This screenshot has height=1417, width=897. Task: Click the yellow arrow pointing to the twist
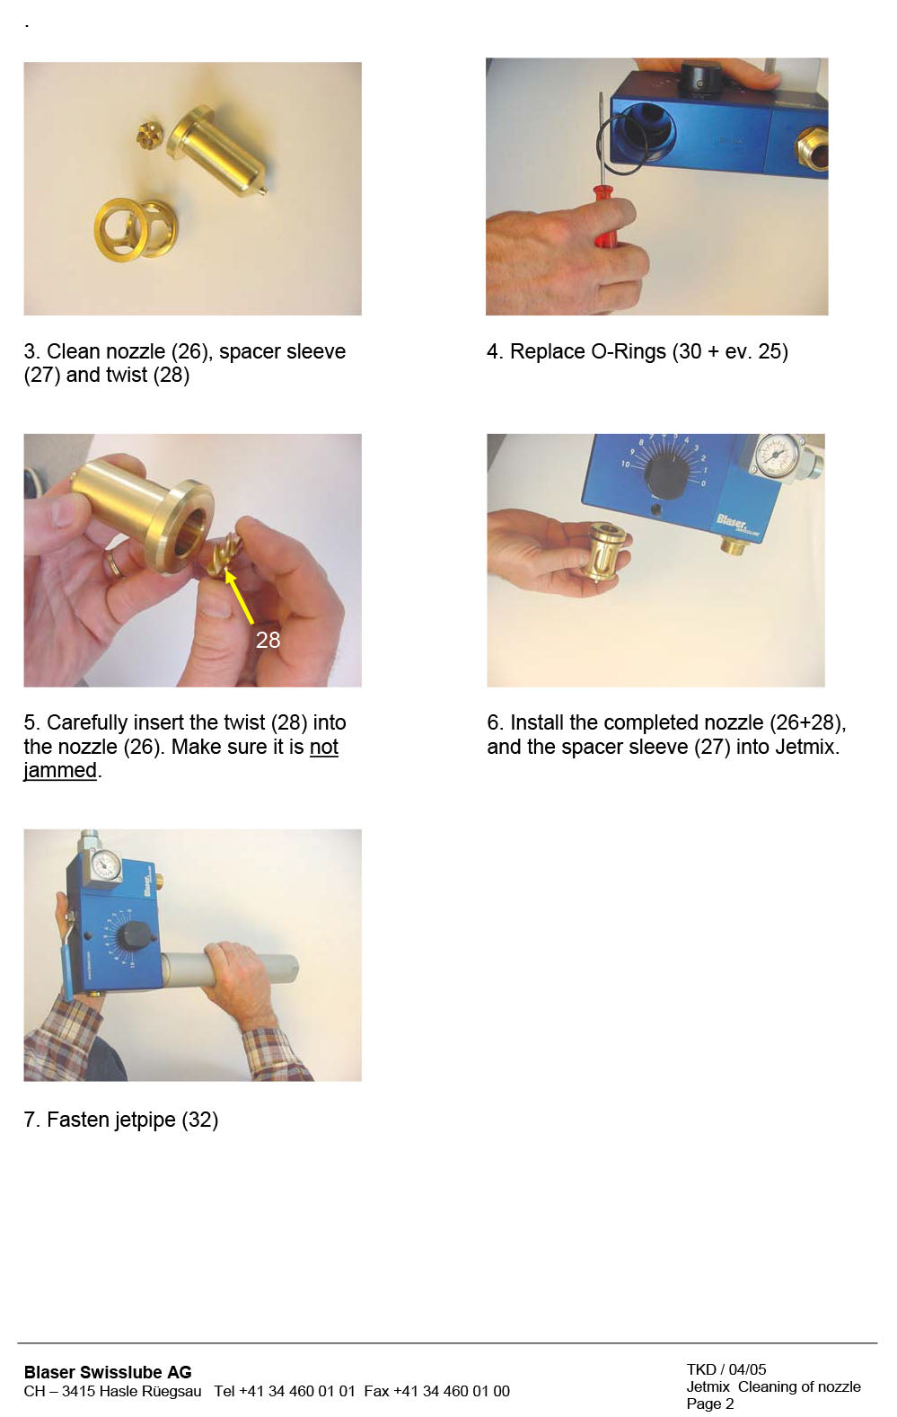(x=239, y=597)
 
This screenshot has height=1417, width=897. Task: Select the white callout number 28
(x=268, y=640)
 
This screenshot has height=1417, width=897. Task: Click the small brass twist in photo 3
(x=148, y=136)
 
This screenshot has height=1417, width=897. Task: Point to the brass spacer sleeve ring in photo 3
(x=135, y=229)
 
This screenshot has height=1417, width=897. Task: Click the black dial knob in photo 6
(x=665, y=475)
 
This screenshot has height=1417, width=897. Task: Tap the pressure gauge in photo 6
(x=776, y=456)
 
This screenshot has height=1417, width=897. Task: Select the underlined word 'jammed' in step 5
(x=59, y=771)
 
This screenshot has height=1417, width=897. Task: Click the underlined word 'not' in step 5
(x=323, y=747)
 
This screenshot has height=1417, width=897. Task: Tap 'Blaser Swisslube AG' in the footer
(x=108, y=1372)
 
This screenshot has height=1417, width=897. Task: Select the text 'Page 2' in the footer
(x=709, y=1404)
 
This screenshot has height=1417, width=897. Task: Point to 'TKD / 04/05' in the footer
(x=726, y=1369)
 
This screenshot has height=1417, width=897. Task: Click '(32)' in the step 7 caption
(x=199, y=1120)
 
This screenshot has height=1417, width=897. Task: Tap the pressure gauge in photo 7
(x=106, y=864)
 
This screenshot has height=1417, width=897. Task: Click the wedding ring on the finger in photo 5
(x=113, y=563)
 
